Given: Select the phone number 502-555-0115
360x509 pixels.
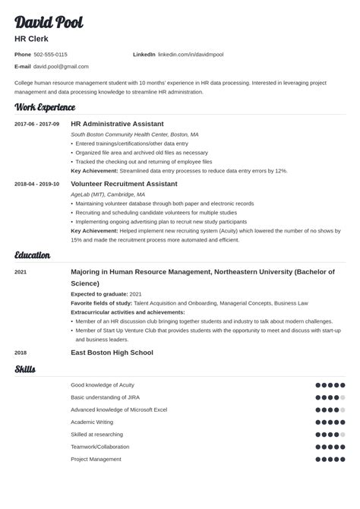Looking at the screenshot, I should pyautogui.click(x=50, y=55).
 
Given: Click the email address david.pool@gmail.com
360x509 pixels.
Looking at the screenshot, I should pyautogui.click(x=61, y=66).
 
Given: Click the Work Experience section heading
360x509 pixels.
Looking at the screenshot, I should pyautogui.click(x=45, y=108).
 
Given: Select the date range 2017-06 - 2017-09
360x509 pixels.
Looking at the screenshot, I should pyautogui.click(x=36, y=123).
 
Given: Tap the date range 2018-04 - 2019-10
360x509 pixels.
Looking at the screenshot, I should pyautogui.click(x=36, y=184).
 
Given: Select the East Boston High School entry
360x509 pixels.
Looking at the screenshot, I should pyautogui.click(x=112, y=353).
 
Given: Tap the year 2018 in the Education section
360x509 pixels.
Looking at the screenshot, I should pyautogui.click(x=21, y=353).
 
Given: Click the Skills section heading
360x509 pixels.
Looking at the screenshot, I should pyautogui.click(x=25, y=370).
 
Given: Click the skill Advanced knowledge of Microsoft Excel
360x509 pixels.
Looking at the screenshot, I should pyautogui.click(x=118, y=409).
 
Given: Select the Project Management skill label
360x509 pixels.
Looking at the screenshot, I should pyautogui.click(x=96, y=459).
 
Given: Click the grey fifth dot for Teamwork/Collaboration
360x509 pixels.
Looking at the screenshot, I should pyautogui.click(x=343, y=447).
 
